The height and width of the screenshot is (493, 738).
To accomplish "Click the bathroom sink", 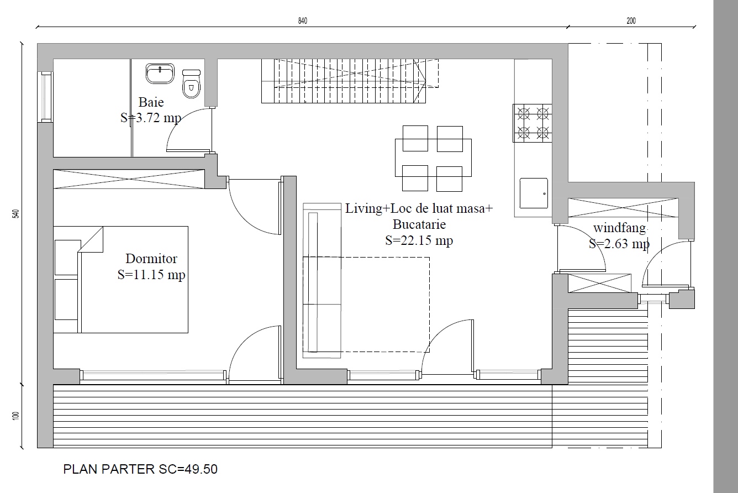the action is click(160, 74).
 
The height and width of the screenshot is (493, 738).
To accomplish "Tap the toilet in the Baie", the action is click(191, 84).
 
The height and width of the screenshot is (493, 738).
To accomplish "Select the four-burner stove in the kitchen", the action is click(533, 123).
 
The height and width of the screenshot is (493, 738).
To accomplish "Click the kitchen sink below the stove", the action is click(534, 193).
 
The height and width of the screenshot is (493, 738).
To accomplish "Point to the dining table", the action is click(433, 158).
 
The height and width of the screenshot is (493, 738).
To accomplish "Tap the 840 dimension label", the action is click(303, 21).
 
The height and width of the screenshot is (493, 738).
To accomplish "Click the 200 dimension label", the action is click(631, 21).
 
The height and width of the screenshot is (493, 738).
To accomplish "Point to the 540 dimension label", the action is click(15, 213).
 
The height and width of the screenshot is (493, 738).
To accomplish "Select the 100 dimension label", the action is click(15, 416).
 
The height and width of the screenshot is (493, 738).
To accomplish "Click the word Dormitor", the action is click(151, 259).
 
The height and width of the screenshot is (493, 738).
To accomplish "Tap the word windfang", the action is click(619, 228).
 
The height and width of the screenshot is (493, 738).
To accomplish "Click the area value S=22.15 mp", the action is click(419, 240).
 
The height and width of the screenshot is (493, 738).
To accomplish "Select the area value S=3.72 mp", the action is click(151, 118).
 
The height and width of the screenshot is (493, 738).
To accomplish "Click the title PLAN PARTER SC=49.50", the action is click(140, 469).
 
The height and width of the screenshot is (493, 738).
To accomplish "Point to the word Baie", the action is click(151, 102).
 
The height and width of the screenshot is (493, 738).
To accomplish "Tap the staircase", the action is click(350, 81).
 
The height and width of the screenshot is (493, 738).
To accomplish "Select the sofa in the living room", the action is click(322, 281).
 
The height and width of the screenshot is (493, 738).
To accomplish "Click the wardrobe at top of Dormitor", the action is click(129, 179).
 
